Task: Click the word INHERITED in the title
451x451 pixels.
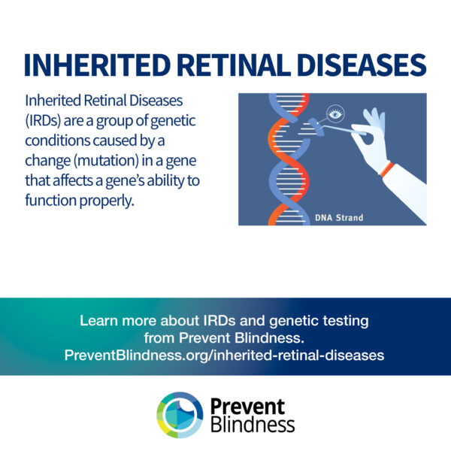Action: click(x=98, y=65)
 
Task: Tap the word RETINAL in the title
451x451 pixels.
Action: click(x=234, y=65)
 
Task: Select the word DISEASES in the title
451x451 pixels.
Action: click(x=362, y=65)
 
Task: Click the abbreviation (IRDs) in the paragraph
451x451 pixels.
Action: click(x=43, y=121)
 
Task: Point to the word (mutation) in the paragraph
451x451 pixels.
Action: click(x=107, y=161)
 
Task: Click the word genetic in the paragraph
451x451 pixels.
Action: click(x=173, y=121)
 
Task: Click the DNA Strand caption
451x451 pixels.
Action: click(x=339, y=218)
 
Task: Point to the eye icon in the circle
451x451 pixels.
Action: click(x=335, y=114)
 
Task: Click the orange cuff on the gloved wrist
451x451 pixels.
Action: click(x=387, y=169)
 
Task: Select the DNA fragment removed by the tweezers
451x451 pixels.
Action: click(x=316, y=126)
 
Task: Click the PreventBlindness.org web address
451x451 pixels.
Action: click(x=224, y=356)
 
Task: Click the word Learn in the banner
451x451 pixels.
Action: click(x=99, y=320)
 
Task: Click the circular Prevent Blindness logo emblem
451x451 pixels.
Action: click(x=180, y=415)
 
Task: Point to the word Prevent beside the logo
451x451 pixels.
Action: click(x=247, y=407)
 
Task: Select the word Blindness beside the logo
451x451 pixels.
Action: click(x=253, y=425)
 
